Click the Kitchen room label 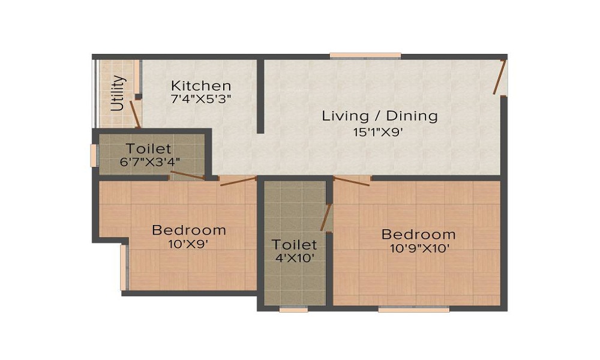coord(201,85)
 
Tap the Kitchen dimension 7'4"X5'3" coord(201,100)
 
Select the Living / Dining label coord(380,116)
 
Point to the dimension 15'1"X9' coord(378,133)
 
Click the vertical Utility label coord(118,94)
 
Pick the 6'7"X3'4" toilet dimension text coord(150,162)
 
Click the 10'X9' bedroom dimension coord(188,244)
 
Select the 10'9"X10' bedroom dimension coord(419,248)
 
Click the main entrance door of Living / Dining coord(500,77)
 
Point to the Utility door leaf coord(135,114)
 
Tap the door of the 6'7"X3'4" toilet coord(187,175)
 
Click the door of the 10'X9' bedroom coord(238,181)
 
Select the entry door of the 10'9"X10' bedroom coord(352,181)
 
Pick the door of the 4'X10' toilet coord(326,218)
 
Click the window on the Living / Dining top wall coord(365,56)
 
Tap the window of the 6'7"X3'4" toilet coord(93,155)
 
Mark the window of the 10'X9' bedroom coord(123,268)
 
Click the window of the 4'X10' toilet coord(293,309)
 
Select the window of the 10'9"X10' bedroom coord(413,309)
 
